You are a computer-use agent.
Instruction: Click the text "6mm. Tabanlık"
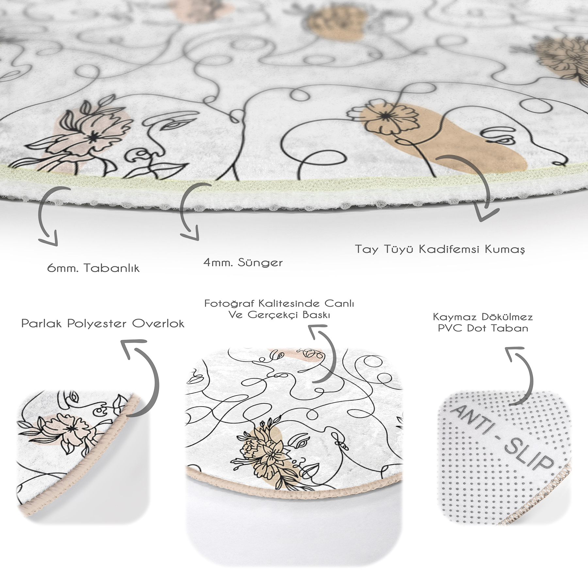click(x=93, y=268)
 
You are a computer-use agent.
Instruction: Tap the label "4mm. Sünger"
click(x=243, y=262)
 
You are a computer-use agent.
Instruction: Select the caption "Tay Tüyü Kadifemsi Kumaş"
click(x=440, y=249)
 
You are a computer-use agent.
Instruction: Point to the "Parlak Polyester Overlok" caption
click(x=103, y=323)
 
